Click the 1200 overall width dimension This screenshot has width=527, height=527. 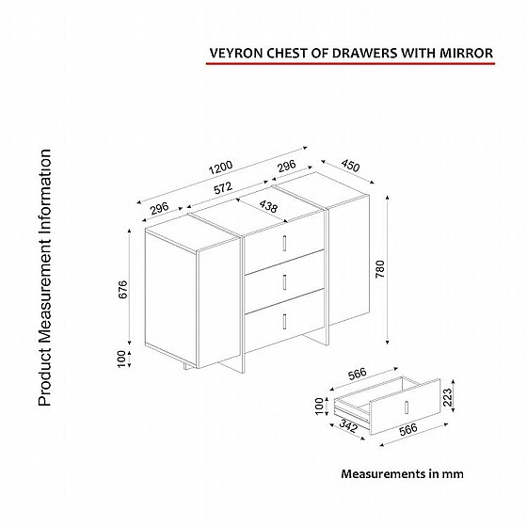[x=220, y=168]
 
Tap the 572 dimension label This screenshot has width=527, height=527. [x=223, y=188]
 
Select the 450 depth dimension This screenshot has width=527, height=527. [x=350, y=165]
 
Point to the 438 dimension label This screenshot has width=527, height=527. [x=268, y=206]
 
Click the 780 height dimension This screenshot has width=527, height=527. [x=380, y=269]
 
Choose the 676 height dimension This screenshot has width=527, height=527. [x=123, y=289]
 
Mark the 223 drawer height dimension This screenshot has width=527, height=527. [x=448, y=397]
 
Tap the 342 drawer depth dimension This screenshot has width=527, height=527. [x=348, y=425]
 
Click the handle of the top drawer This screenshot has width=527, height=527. [x=284, y=243]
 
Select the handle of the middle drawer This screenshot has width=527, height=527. [x=284, y=282]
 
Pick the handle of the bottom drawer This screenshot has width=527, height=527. [x=284, y=321]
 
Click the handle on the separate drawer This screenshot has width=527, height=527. [x=406, y=407]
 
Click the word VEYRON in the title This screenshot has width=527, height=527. [x=236, y=53]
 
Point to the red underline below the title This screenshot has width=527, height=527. [x=350, y=63]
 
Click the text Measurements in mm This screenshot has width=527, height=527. [x=403, y=474]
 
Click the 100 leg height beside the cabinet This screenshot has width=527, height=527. [x=121, y=359]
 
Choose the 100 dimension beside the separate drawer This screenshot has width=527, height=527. [x=319, y=406]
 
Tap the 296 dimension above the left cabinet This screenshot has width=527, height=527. [x=159, y=208]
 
